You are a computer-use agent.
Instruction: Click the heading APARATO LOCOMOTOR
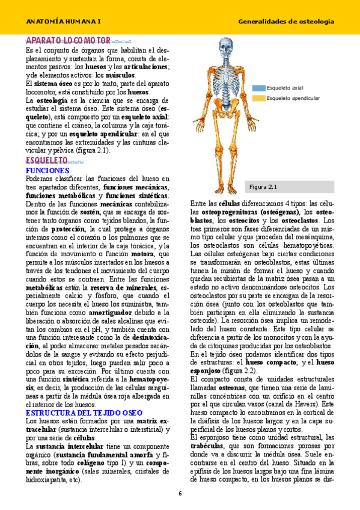pyautogui.click(x=69, y=41)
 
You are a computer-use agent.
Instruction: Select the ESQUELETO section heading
pyautogui.click(x=47, y=162)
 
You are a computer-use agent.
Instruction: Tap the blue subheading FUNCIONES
pyautogui.click(x=47, y=171)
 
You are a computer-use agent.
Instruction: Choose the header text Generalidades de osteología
pyautogui.click(x=286, y=21)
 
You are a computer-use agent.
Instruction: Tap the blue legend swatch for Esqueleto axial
pyautogui.click(x=259, y=87)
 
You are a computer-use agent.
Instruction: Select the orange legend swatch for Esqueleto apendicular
pyautogui.click(x=259, y=97)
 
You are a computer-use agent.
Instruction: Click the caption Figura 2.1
pyautogui.click(x=263, y=187)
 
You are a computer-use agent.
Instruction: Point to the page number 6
pyautogui.click(x=180, y=494)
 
